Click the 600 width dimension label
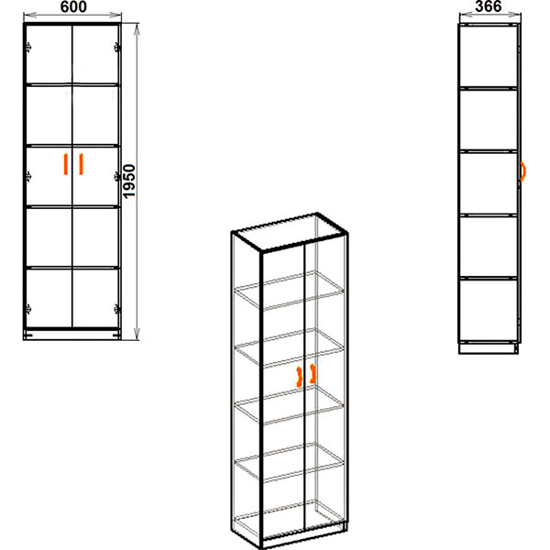73,6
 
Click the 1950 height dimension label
129,181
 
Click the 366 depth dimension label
489,6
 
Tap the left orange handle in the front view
65,164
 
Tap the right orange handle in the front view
81,164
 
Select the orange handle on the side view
522,171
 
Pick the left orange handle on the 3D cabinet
299,377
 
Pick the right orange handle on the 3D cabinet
313,374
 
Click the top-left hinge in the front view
28,47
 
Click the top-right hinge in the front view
117,47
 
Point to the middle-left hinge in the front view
28,176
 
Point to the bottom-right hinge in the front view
117,309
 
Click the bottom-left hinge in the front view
28,309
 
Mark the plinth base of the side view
489,348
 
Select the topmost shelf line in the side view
488,88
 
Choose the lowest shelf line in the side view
488,278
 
